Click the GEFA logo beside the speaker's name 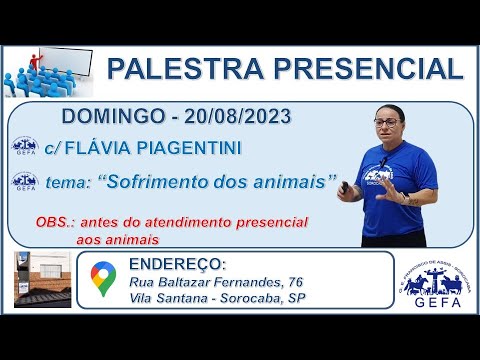click(25, 147)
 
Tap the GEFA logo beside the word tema click(25, 182)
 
